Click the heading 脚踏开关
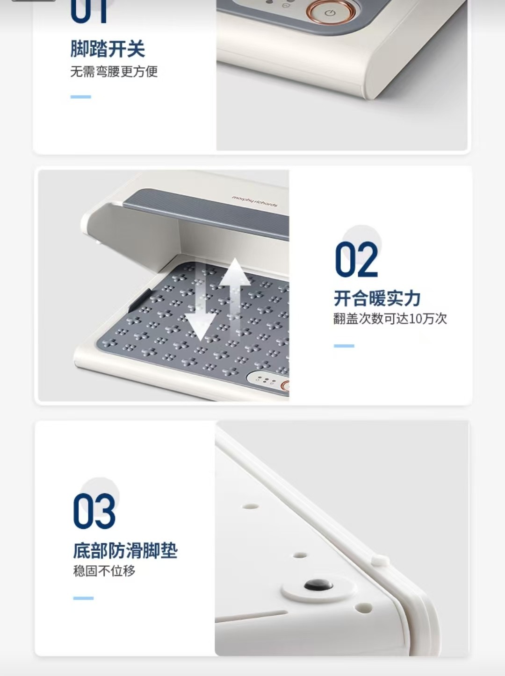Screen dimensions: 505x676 tap(108, 49)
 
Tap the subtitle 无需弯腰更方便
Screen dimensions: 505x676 tap(114, 72)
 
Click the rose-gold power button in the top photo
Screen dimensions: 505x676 tap(329, 13)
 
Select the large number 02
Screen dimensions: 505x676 tap(356, 259)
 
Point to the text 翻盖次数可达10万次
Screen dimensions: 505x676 tap(390, 319)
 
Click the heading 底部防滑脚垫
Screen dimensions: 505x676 tap(125, 550)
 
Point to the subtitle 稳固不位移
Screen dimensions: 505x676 tap(104, 571)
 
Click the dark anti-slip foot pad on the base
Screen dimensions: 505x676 tap(318, 584)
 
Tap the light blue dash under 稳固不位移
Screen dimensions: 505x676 tap(83, 598)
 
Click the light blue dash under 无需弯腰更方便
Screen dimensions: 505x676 tap(81, 97)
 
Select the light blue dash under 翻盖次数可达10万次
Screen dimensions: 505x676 tap(344, 346)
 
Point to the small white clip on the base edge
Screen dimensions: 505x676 tap(380, 560)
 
